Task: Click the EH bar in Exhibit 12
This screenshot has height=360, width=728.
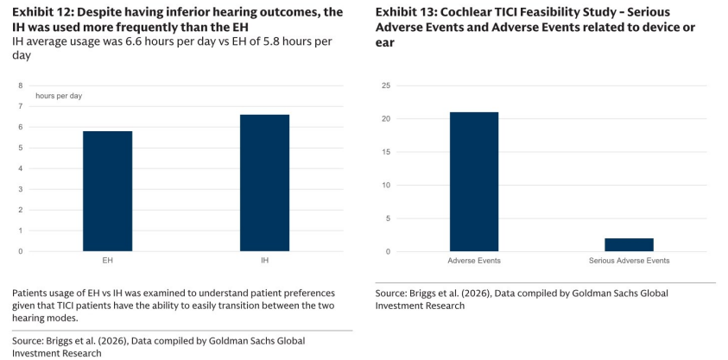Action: pos(107,191)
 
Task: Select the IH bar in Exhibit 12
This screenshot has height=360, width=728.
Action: pos(264,183)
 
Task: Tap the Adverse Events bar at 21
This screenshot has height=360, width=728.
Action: pos(474,182)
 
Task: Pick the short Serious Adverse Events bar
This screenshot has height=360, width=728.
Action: pos(629,245)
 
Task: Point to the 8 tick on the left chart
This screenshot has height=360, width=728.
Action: pos(21,85)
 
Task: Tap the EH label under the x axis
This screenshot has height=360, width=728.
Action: pos(107,261)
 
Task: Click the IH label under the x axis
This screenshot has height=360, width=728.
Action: pos(264,261)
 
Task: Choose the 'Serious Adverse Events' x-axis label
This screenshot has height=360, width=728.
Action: pos(629,261)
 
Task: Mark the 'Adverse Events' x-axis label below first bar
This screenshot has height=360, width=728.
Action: pos(474,261)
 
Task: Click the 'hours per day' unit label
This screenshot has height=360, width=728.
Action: pos(59,96)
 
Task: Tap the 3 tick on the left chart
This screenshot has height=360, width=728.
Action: pos(21,189)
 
